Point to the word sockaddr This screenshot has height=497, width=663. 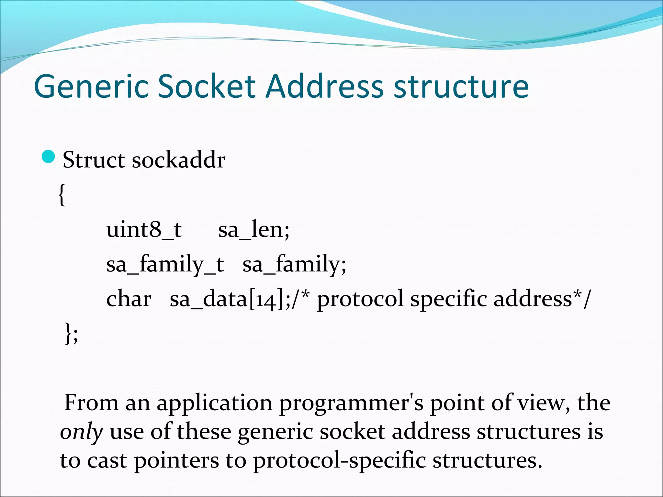[178, 160]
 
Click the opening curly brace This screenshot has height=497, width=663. [62, 195]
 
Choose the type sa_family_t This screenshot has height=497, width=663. [165, 265]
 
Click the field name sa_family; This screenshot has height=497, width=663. [294, 265]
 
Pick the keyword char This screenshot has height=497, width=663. [129, 299]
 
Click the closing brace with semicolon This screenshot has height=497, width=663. [71, 333]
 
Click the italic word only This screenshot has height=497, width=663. [81, 432]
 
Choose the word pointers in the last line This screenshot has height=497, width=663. [176, 461]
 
